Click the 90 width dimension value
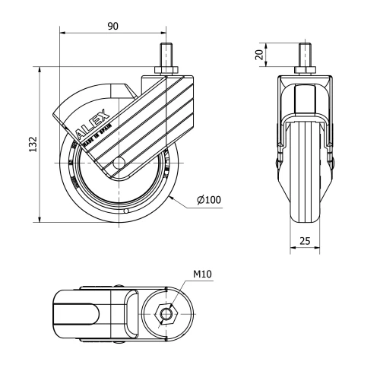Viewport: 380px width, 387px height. point(113,27)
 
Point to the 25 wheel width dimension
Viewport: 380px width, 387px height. point(305,241)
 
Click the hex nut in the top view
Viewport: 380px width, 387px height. point(165,313)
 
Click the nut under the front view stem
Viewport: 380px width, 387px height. point(305,72)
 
